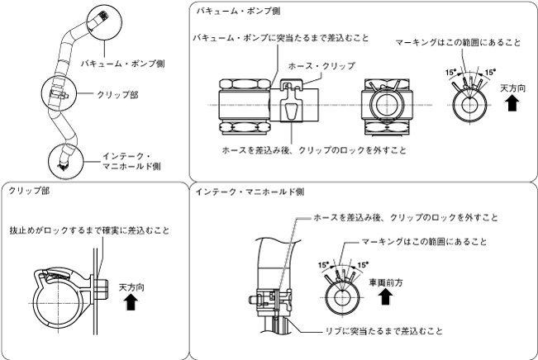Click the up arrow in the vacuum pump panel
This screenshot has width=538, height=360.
[x=512, y=102]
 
